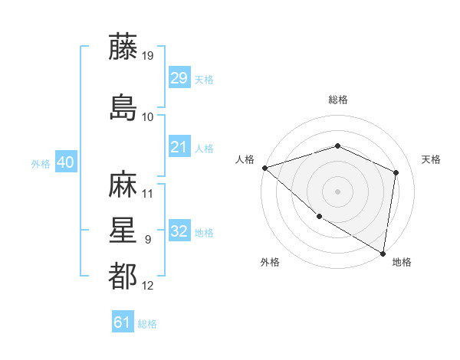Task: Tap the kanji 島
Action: [123, 107]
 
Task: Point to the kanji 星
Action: [123, 231]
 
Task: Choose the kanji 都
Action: [123, 277]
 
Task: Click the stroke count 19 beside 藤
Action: [149, 56]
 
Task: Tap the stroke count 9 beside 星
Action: [148, 240]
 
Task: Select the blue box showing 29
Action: [179, 77]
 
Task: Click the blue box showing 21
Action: [179, 147]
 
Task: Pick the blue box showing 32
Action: [179, 231]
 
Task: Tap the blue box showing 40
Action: [65, 162]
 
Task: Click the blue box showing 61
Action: [123, 322]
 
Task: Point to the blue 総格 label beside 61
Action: [147, 324]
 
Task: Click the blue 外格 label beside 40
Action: [41, 164]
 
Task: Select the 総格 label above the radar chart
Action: [338, 100]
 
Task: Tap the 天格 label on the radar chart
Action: [432, 159]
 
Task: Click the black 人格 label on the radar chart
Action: [245, 159]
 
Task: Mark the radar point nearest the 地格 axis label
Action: [383, 252]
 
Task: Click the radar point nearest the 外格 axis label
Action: [319, 217]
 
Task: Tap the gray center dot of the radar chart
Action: [338, 191]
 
